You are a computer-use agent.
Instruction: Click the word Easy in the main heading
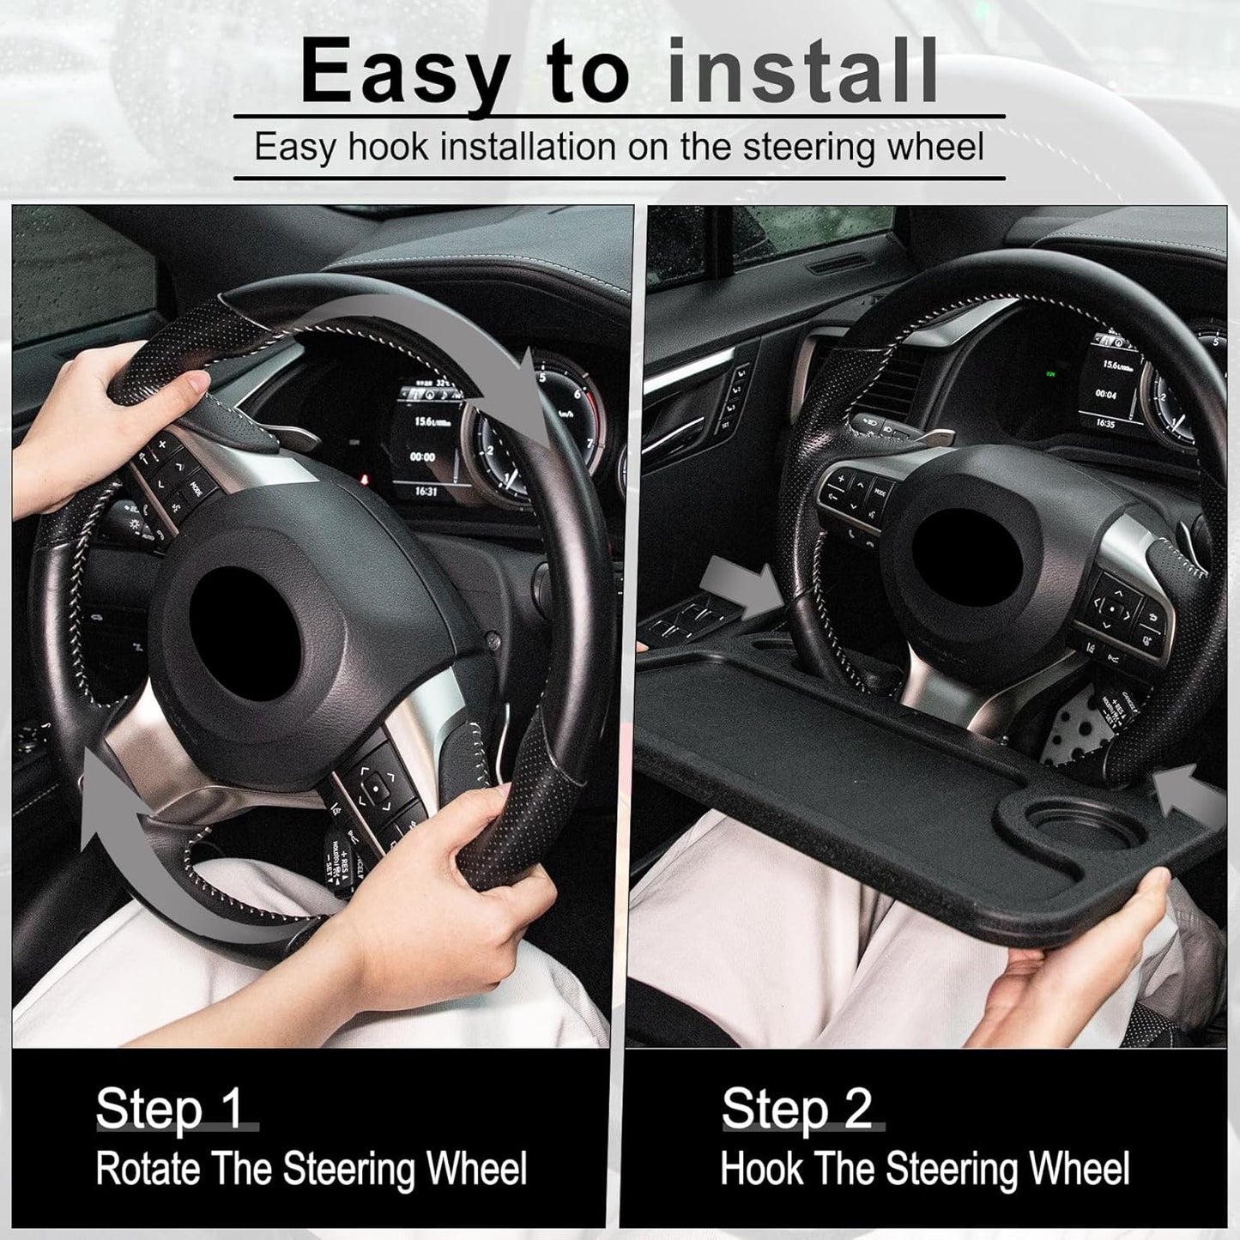[404, 75]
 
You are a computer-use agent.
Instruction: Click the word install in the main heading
[801, 75]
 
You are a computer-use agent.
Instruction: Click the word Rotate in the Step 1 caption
[147, 1169]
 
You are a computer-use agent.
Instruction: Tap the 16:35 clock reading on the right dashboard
[1105, 424]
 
